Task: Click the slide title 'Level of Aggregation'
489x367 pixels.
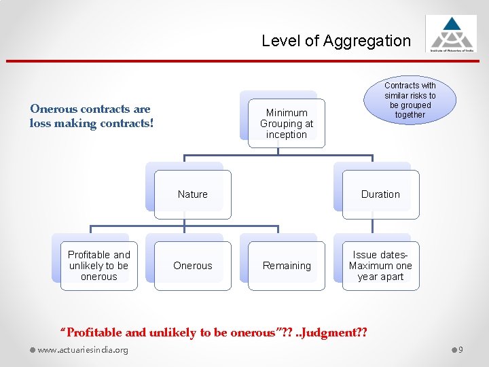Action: click(336, 41)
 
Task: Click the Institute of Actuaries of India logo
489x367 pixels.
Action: click(451, 33)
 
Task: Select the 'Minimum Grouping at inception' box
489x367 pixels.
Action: click(286, 123)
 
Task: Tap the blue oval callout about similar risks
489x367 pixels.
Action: click(410, 100)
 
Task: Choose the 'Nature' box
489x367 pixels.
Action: click(192, 194)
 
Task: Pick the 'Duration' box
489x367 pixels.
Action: click(380, 194)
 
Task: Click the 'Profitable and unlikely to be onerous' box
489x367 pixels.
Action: click(99, 266)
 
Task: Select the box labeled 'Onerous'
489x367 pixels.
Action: click(192, 266)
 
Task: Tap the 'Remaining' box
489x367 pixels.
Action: click(287, 266)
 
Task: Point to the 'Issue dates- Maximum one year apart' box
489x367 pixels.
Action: click(380, 266)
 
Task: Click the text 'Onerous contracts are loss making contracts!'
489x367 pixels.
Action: click(91, 116)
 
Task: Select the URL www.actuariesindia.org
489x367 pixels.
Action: click(83, 350)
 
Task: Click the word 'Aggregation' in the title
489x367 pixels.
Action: click(367, 41)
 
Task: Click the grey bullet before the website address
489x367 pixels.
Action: click(32, 350)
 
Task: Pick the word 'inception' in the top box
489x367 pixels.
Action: click(286, 135)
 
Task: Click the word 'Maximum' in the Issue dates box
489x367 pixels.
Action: click(372, 266)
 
